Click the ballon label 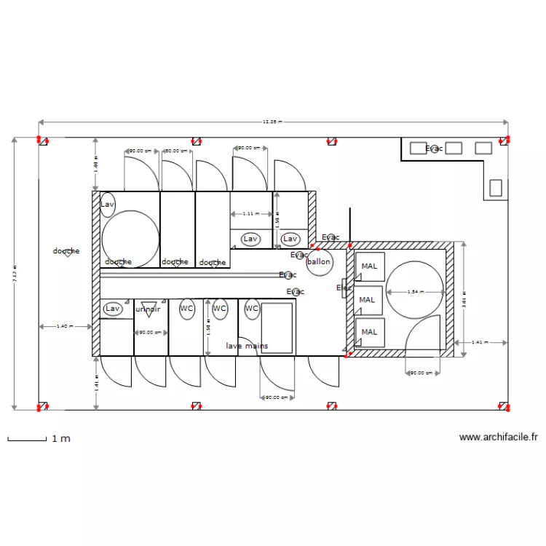coord(319,262)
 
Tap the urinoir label coord(148,309)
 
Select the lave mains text coord(246,346)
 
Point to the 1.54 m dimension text coord(414,292)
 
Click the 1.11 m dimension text coord(250,214)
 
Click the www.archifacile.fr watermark coord(499,438)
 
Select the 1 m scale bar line coord(26,439)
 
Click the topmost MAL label coord(370,266)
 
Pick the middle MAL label coord(368,299)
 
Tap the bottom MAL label coord(370,332)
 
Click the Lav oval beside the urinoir coord(112,309)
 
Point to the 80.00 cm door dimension coord(177,151)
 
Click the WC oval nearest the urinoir coord(187,309)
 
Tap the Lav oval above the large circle coord(108,205)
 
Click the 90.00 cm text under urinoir coord(150,332)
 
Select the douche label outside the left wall coord(66,251)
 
